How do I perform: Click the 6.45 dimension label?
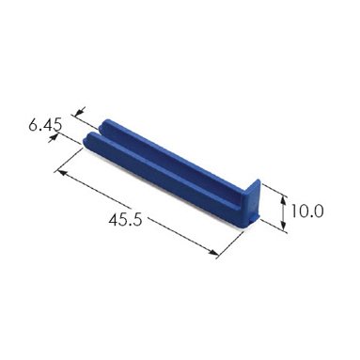(x=45, y=125)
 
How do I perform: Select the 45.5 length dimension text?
(x=125, y=220)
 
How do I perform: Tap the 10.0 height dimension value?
(x=306, y=211)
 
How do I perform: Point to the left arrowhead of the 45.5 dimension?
(x=62, y=173)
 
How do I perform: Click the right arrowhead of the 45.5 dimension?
(x=214, y=252)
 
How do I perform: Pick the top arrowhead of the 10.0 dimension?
(x=283, y=199)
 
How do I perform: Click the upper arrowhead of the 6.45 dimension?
(x=81, y=111)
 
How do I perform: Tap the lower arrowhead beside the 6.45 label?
(x=54, y=138)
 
